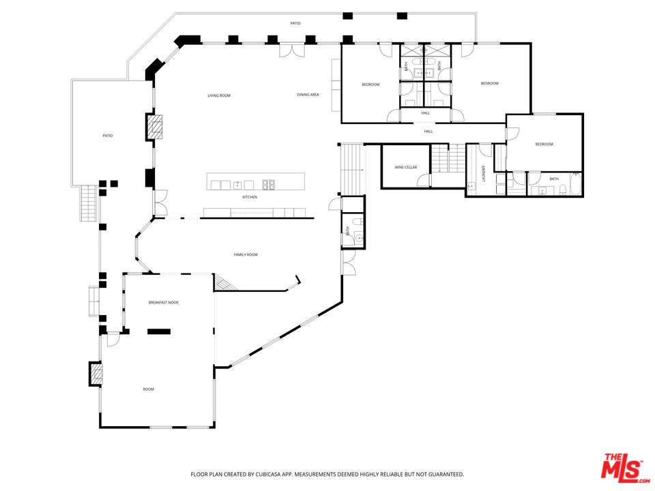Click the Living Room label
219,95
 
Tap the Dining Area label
308,95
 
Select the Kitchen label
250,197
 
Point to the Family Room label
246,254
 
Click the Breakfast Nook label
163,302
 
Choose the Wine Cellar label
405,168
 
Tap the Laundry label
484,174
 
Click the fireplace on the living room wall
154,127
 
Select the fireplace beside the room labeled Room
96,374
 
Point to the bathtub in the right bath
576,183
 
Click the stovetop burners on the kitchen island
267,184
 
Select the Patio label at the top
295,23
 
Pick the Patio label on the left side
108,136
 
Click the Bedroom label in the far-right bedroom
544,145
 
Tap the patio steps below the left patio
89,204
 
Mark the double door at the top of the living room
292,50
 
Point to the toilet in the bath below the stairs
357,221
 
